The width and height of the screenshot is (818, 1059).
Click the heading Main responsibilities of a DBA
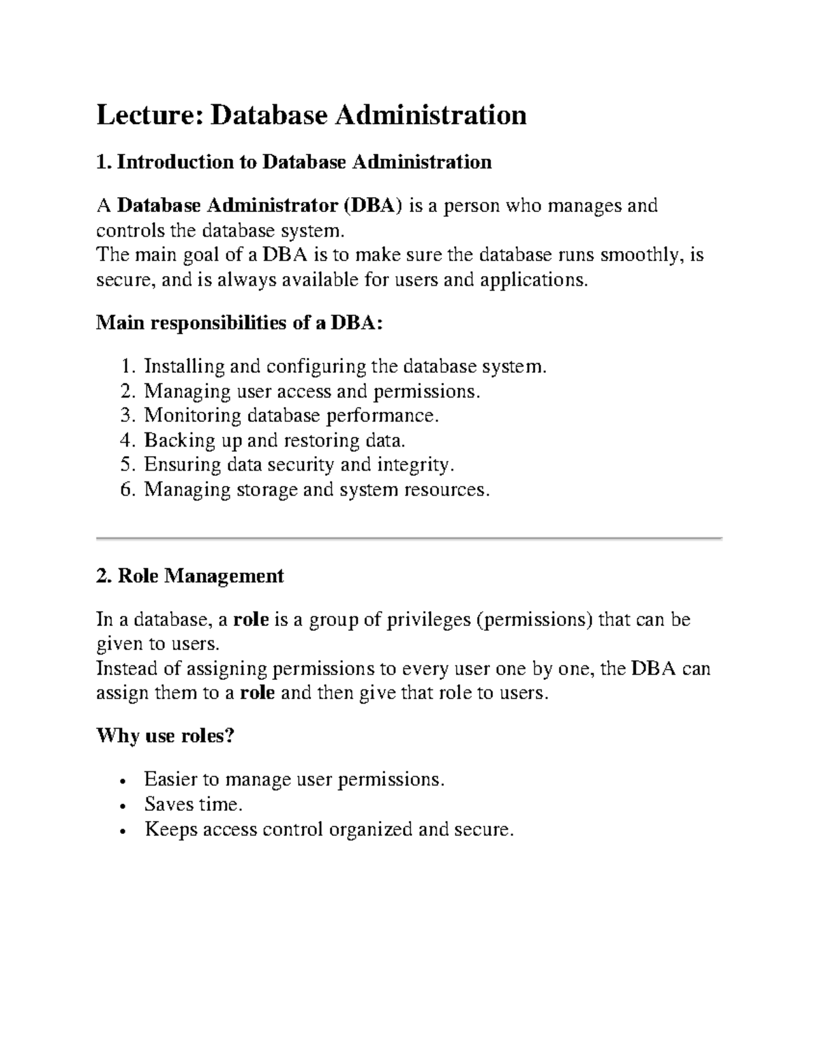[240, 323]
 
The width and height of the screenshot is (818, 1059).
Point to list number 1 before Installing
[127, 367]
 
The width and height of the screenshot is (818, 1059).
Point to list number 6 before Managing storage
[127, 490]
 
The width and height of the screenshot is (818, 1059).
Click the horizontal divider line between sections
[409, 539]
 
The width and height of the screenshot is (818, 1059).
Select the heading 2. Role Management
[190, 576]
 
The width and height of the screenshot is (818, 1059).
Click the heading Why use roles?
[165, 736]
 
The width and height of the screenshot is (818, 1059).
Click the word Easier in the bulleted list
[170, 779]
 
